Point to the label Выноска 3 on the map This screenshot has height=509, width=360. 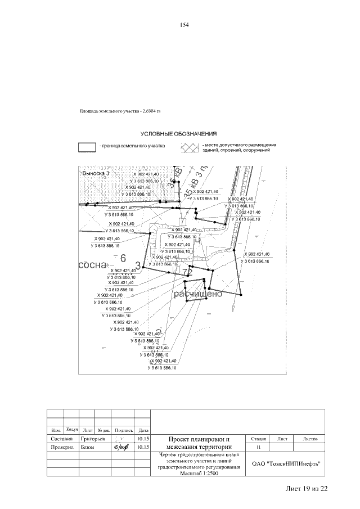pos(95,174)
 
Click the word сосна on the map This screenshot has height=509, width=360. pos(92,264)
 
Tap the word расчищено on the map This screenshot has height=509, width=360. pos(198,294)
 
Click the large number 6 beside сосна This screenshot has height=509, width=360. pos(123,259)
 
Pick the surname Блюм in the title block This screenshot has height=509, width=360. pos(87,448)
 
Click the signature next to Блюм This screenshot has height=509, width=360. pos(121,448)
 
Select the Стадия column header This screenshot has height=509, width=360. pos(259,438)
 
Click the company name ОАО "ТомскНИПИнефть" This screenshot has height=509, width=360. pos(286,464)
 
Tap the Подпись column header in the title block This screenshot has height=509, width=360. pos(123,430)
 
